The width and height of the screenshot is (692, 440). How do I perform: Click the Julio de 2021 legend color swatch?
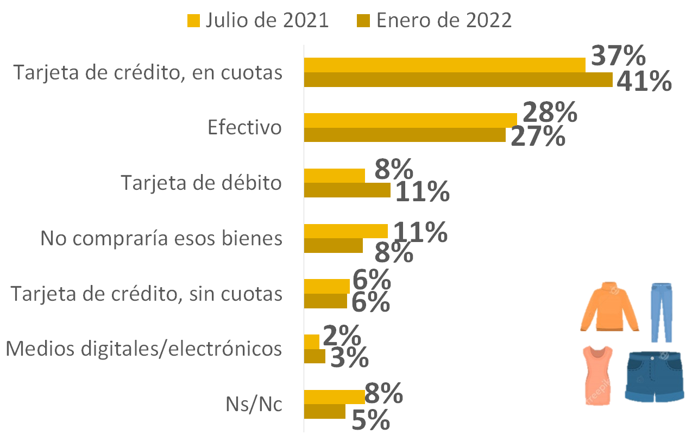[193, 21]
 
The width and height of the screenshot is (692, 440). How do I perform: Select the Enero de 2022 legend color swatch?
[363, 21]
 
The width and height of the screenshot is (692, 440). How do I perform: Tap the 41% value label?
[644, 81]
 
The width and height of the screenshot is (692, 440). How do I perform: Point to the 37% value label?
[618, 55]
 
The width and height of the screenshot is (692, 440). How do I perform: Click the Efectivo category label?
[244, 127]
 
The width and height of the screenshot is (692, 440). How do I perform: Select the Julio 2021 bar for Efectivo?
[411, 120]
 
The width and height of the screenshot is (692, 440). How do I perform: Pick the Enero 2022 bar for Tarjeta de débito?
[347, 190]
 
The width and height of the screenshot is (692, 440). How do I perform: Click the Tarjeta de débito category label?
[201, 183]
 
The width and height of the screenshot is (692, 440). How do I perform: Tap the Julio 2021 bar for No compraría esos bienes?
[346, 231]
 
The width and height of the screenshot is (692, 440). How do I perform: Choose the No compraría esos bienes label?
[161, 238]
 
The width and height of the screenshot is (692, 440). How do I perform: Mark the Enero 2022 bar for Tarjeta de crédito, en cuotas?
[458, 79]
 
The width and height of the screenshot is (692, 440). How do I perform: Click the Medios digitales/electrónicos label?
[143, 349]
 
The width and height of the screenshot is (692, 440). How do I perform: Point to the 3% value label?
[349, 358]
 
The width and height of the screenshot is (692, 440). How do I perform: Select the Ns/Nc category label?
[254, 404]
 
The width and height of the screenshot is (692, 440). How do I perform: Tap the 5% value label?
[370, 419]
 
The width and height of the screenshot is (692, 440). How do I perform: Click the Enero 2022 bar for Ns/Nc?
[325, 412]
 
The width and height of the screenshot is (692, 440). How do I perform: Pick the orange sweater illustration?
[609, 306]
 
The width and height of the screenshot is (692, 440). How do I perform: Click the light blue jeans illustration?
[662, 313]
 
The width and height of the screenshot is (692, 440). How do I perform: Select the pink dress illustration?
[597, 375]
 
